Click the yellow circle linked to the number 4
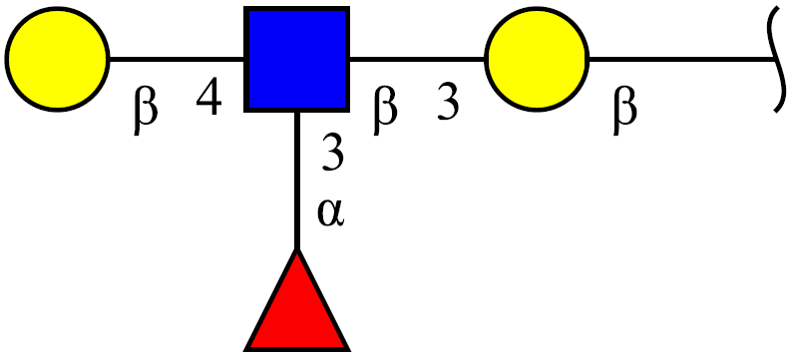(57, 59)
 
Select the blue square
(297, 59)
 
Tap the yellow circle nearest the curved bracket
(537, 59)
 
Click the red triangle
(297, 300)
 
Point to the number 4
(209, 98)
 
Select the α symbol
(330, 213)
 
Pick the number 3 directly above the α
(332, 153)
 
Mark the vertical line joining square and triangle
(297, 180)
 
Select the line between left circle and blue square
(177, 59)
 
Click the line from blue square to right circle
(417, 59)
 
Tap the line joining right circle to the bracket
(681, 59)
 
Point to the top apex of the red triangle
(297, 250)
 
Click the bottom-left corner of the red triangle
(245, 349)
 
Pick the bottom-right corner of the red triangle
(348, 349)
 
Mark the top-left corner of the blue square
(245, 8)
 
